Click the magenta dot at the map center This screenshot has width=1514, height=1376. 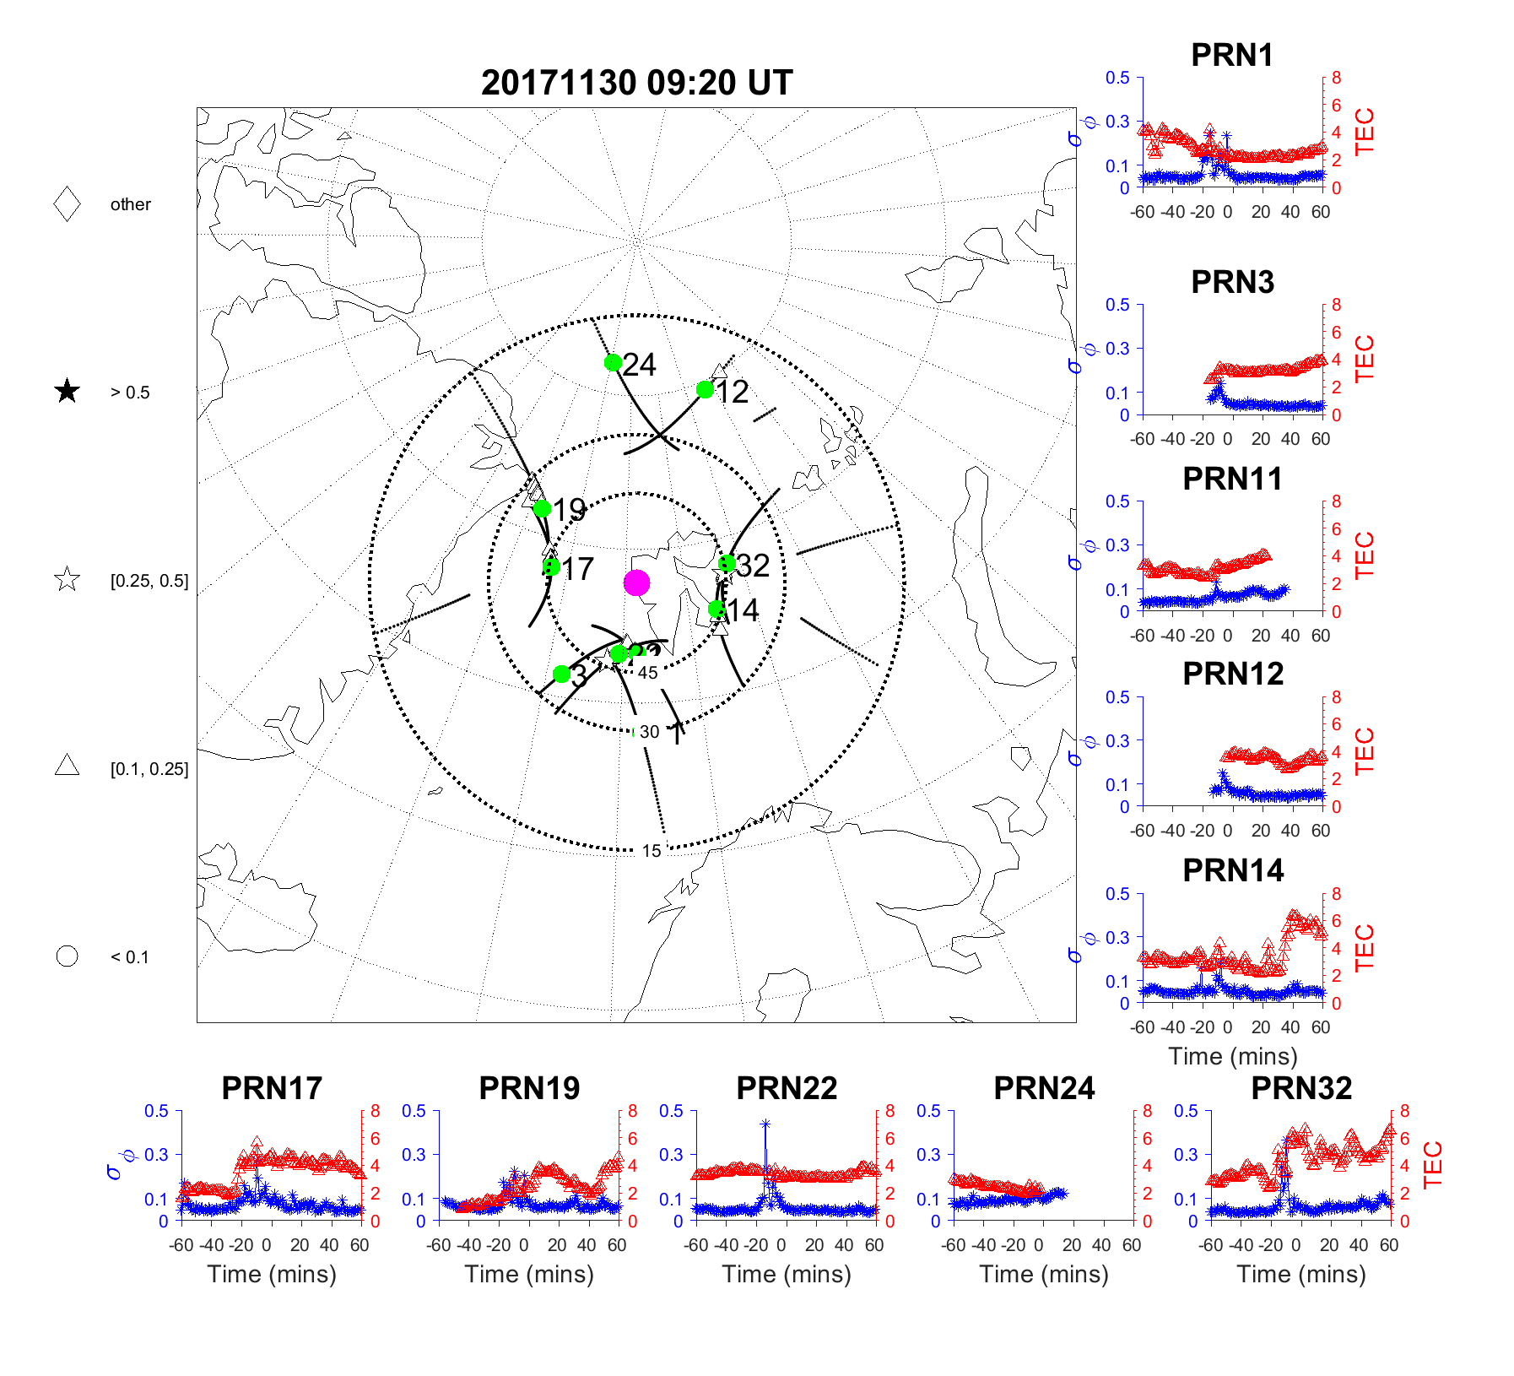636,582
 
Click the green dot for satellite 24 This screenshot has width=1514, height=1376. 614,363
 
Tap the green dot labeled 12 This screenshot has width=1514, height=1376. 705,389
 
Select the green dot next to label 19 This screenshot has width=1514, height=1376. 543,508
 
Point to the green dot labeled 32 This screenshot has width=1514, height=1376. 727,563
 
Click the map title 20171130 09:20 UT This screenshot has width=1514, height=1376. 636,83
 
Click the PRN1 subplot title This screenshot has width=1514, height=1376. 1231,55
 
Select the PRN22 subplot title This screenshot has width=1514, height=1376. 787,1088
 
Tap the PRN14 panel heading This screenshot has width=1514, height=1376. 1232,870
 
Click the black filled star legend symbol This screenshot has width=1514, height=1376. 67,392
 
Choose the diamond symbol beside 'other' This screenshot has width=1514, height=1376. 67,204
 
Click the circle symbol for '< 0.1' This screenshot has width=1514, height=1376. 67,956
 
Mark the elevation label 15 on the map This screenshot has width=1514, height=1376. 652,851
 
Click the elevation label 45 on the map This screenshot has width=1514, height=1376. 647,673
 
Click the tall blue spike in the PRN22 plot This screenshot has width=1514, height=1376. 765,1125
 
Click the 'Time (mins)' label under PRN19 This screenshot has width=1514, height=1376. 529,1274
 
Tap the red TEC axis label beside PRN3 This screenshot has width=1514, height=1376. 1364,359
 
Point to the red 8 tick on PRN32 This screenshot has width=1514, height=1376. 1404,1111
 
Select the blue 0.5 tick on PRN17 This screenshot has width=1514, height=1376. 157,1111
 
